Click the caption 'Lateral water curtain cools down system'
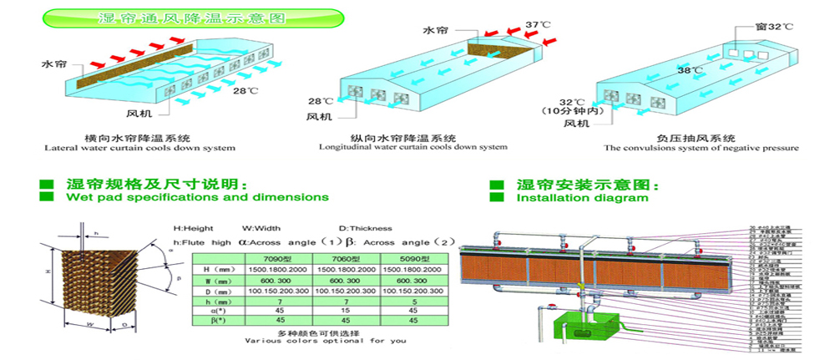(139, 148)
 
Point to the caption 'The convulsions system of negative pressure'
(701, 148)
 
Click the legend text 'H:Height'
(195, 227)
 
